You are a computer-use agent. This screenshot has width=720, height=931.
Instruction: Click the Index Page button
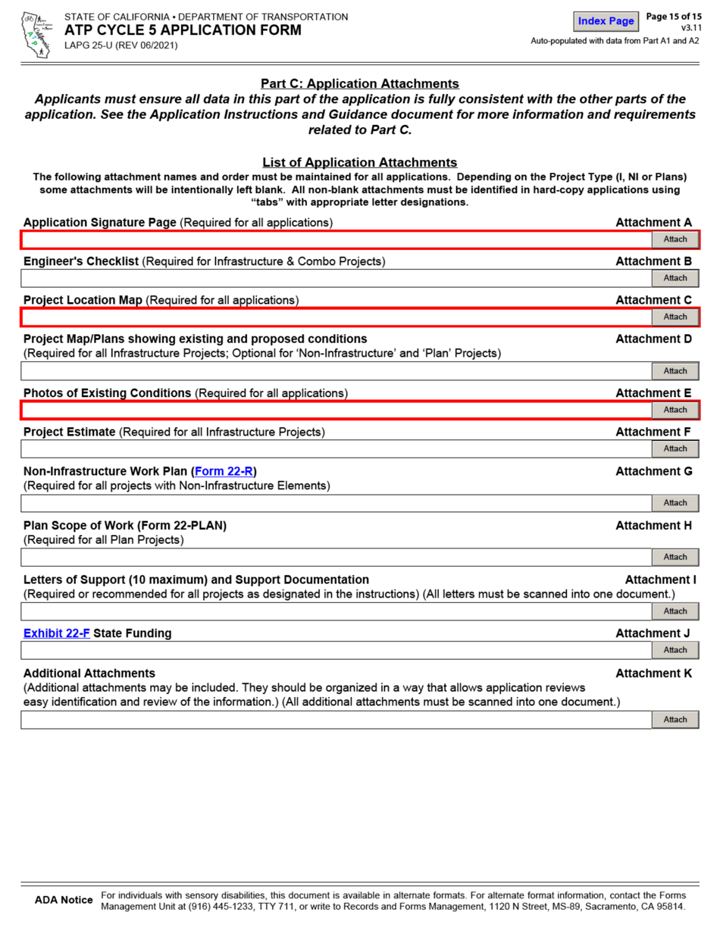[606, 21]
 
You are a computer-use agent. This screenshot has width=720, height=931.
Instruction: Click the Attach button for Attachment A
[675, 239]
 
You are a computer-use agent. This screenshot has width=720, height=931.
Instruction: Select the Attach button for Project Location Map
[675, 317]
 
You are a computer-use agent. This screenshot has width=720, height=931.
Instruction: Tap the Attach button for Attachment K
[675, 720]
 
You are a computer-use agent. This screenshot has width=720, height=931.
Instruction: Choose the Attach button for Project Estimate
[675, 448]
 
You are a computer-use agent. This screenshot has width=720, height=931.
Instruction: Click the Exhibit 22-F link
[57, 633]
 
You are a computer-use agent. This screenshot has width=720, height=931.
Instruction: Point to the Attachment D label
[653, 339]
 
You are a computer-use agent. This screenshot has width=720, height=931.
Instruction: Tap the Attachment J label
[653, 633]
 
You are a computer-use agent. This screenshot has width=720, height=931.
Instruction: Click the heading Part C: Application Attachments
[359, 83]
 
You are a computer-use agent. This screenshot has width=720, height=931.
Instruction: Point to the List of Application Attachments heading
[359, 162]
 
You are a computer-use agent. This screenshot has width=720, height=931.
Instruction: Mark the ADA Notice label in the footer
[64, 900]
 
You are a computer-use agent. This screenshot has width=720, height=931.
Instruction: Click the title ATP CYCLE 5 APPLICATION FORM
[183, 30]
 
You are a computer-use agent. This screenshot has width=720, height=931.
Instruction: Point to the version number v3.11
[690, 28]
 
